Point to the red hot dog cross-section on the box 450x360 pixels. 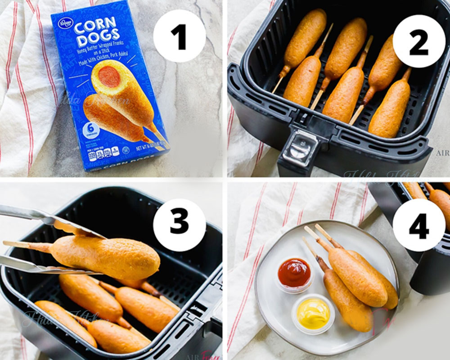[109, 76]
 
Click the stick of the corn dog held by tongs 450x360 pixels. [27, 245]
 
